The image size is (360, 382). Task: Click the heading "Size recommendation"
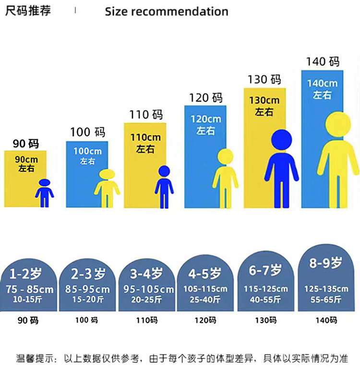point(167,12)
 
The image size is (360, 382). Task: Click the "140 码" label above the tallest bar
point(323,61)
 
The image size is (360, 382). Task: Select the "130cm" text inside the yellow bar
point(264,101)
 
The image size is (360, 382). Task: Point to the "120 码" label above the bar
point(206,98)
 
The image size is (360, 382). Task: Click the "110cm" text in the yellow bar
point(145,138)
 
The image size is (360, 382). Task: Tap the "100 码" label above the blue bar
point(87,132)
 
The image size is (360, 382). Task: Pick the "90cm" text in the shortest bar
point(26,159)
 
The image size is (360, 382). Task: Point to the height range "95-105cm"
point(148,289)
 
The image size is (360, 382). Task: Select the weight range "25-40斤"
point(205,299)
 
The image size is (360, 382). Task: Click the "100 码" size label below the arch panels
point(87,320)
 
